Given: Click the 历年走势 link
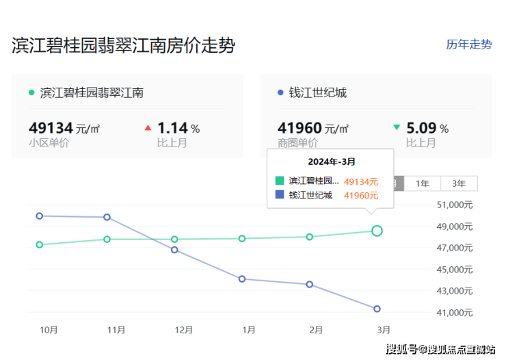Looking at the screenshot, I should (x=468, y=44).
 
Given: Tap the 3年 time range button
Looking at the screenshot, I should (x=459, y=183).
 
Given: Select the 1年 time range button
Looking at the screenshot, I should (x=423, y=183).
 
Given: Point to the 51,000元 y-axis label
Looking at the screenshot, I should (x=454, y=205).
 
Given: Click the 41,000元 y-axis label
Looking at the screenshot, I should (x=454, y=313).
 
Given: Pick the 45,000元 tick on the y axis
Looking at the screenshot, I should (x=454, y=270).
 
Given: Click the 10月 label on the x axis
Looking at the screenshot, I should (x=49, y=330).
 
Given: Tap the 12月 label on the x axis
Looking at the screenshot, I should (x=183, y=330).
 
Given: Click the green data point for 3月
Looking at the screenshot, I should (x=377, y=231).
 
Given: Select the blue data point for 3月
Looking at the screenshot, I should (x=377, y=309).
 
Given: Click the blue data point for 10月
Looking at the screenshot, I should (x=40, y=216).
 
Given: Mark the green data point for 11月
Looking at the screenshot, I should (x=107, y=239).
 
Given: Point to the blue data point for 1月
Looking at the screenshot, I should (x=242, y=279).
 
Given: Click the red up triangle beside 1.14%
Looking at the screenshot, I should (x=148, y=128).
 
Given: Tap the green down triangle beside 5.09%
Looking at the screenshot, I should (x=397, y=127).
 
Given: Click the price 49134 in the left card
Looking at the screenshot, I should (x=51, y=128).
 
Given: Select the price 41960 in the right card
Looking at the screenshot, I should (x=299, y=128).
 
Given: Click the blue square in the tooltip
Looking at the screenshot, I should (x=279, y=195).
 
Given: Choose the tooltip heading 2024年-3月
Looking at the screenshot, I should (x=330, y=162).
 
